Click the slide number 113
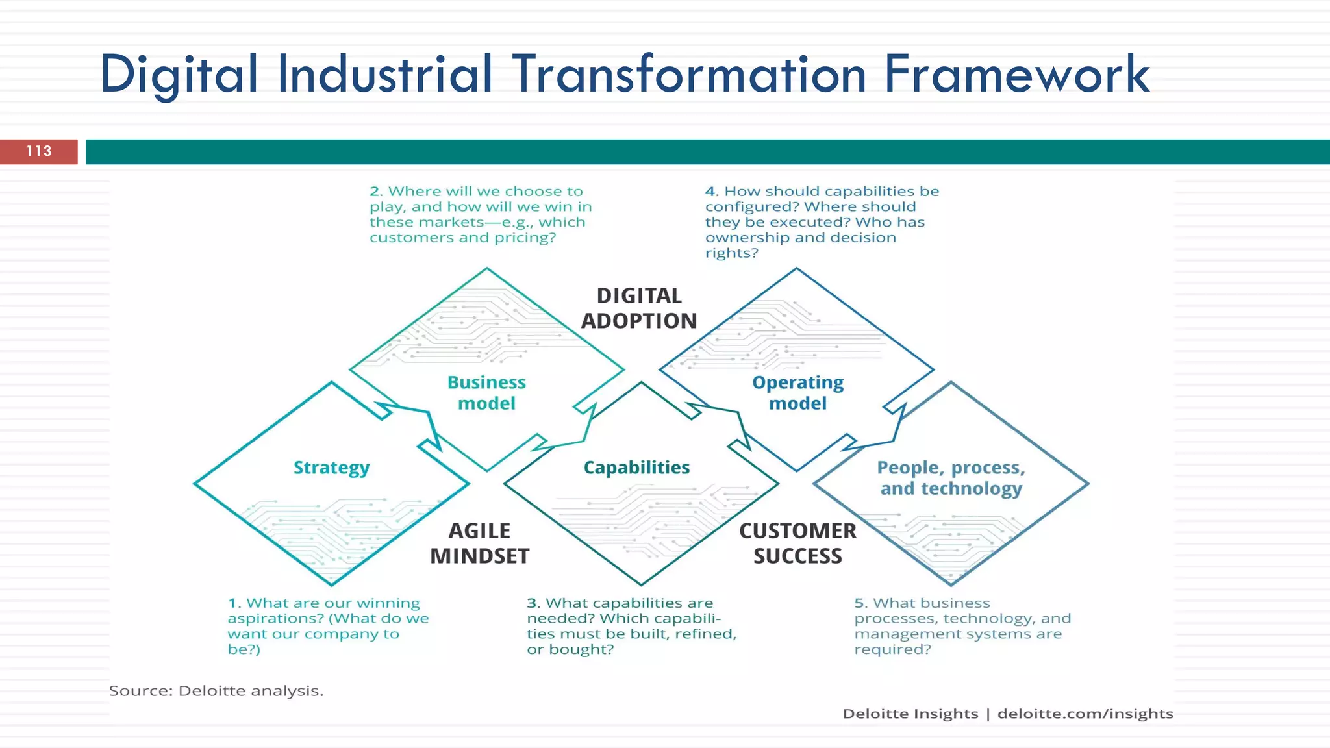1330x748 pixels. (39, 151)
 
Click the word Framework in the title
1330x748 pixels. (1017, 75)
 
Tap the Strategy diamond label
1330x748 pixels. (331, 467)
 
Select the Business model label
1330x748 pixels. (486, 393)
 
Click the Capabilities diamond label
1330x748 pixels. (636, 467)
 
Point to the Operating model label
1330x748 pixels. (797, 393)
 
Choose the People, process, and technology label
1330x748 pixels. (951, 478)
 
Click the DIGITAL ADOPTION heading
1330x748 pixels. (639, 308)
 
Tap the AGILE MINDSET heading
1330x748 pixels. (480, 543)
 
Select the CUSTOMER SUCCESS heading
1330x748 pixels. (797, 543)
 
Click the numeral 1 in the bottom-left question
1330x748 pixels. (232, 603)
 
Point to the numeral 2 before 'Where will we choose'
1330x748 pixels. (375, 192)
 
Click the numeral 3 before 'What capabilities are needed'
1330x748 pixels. (532, 603)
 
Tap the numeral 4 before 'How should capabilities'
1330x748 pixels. (710, 192)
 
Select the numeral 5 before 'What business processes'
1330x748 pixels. (860, 603)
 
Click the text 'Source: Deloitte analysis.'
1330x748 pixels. (216, 691)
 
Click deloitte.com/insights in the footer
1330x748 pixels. (1085, 714)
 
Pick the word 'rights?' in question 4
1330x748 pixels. (731, 253)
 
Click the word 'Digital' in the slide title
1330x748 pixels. (179, 75)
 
